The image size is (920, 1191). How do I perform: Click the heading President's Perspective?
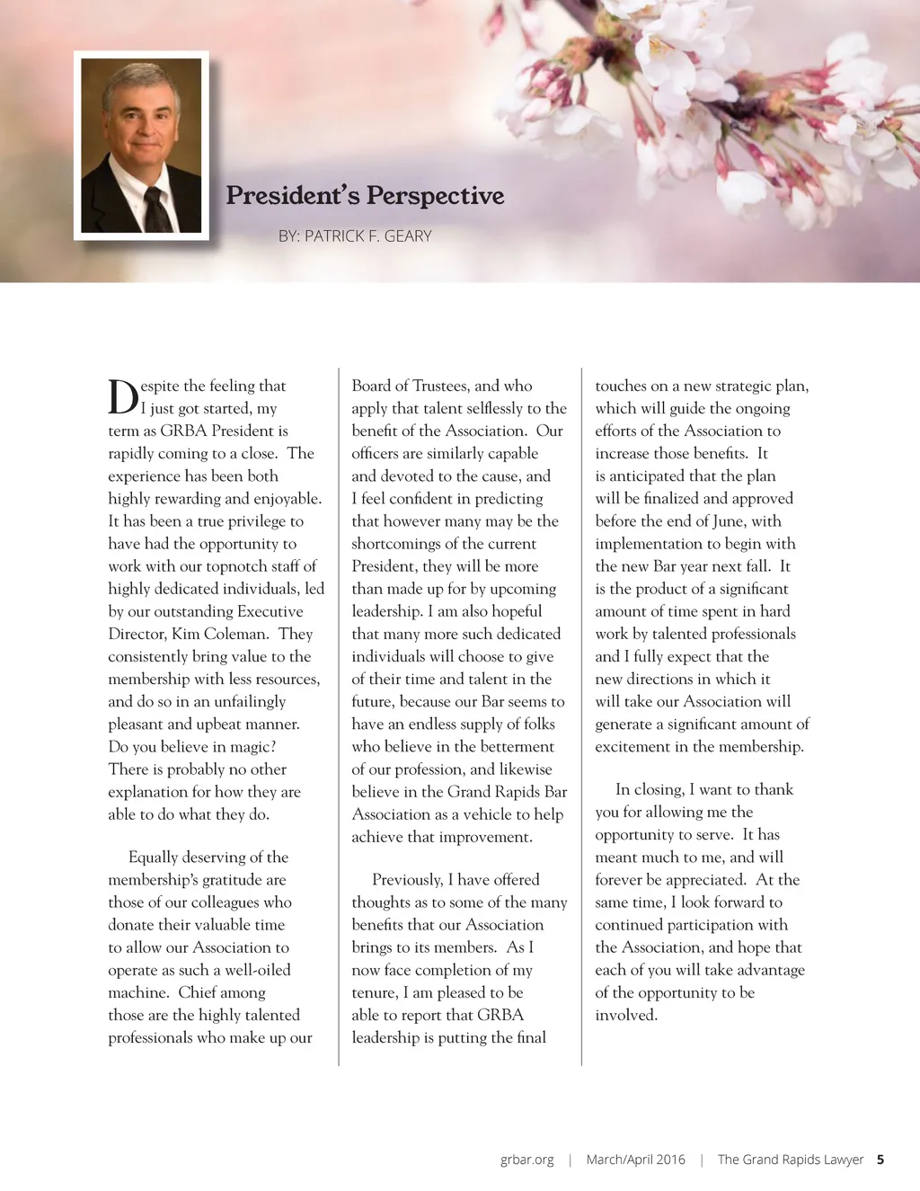365,195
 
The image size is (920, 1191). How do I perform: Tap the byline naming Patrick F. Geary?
355,236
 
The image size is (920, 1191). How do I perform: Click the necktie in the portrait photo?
158,209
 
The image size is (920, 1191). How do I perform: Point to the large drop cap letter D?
123,396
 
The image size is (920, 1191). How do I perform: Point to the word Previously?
407,879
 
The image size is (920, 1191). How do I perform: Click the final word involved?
626,1015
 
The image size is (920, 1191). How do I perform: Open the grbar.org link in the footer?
527,1160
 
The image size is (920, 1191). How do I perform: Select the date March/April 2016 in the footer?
635,1160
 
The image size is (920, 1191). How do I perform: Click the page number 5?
880,1160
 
